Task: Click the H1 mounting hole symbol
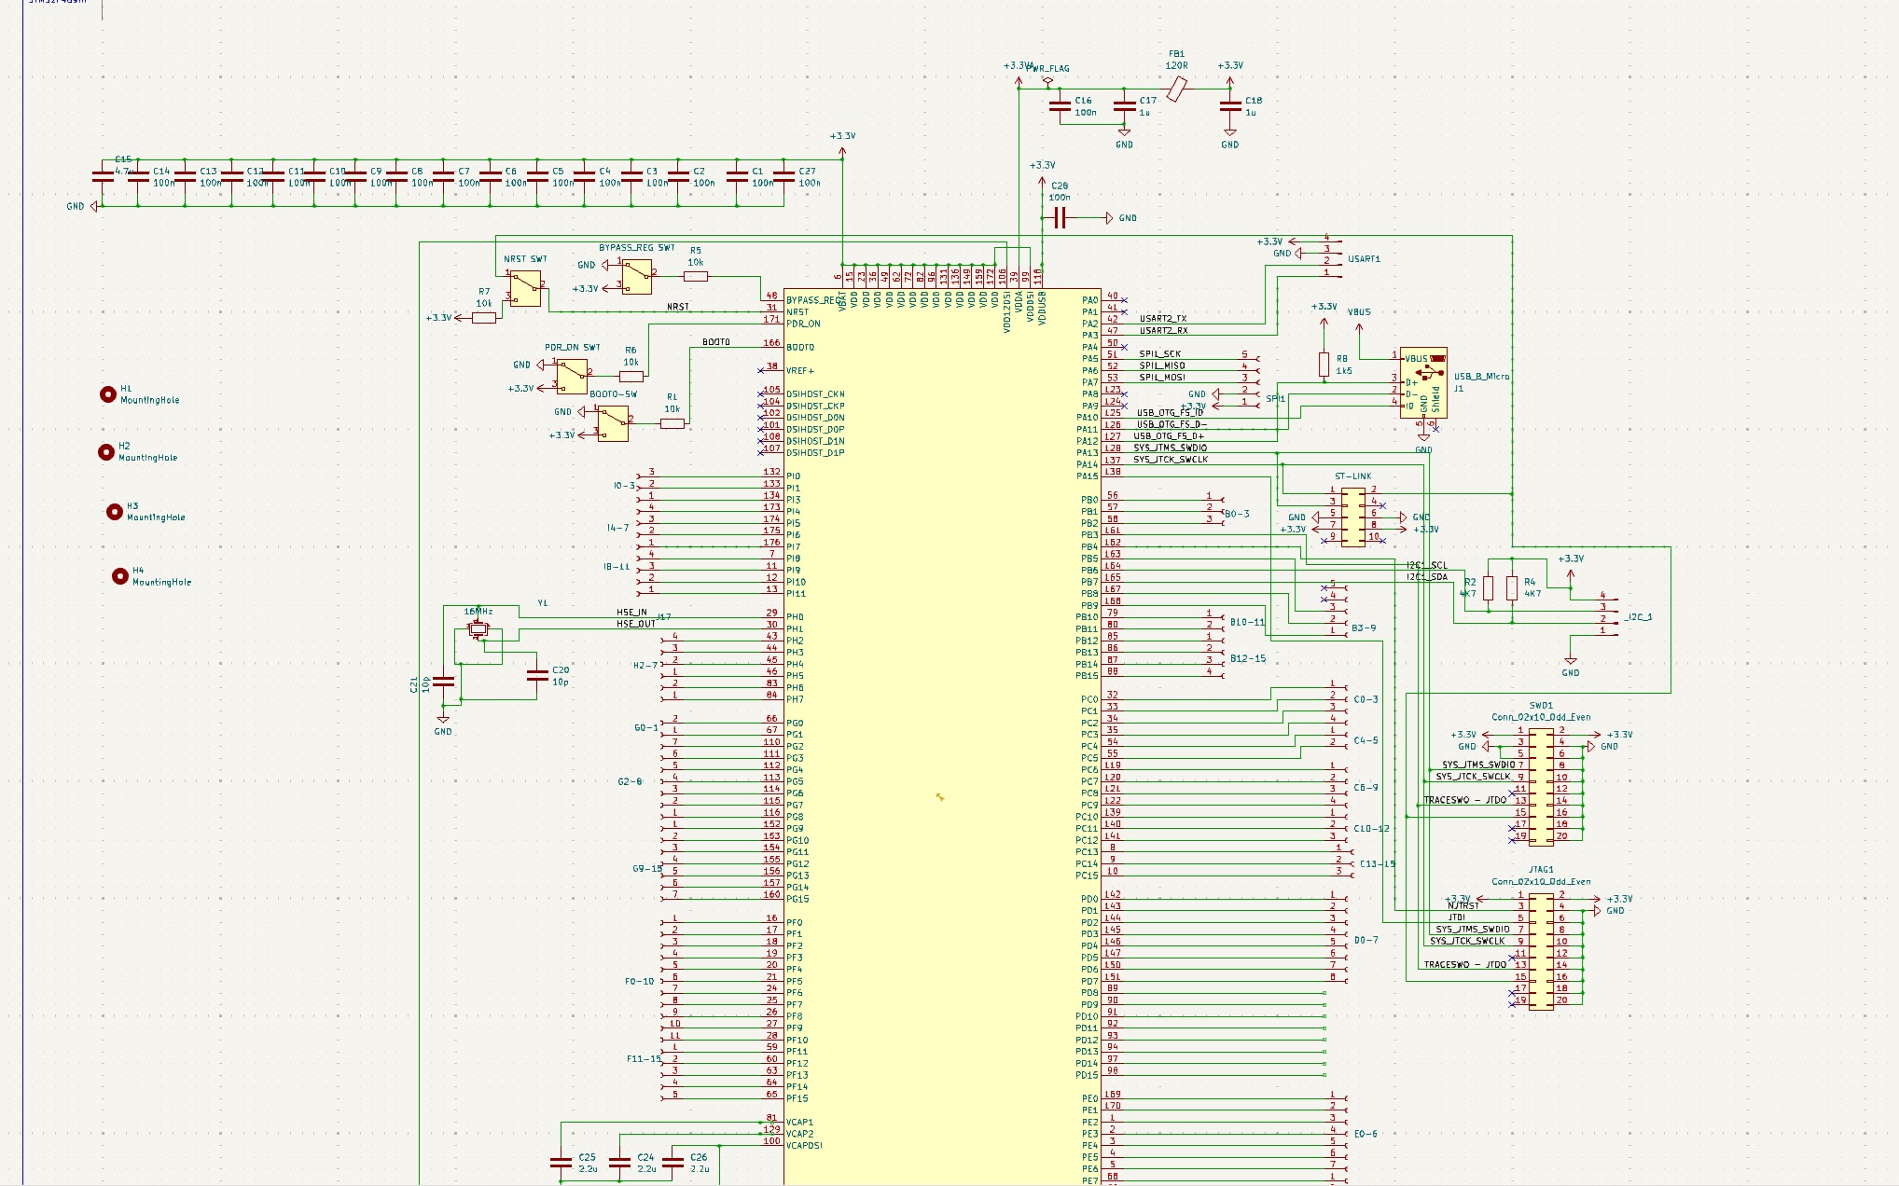click(108, 394)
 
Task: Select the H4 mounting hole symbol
click(119, 576)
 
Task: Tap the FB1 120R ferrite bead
click(1177, 90)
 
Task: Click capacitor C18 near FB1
click(1230, 106)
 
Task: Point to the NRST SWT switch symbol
click(525, 288)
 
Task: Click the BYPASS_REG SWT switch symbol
click(637, 277)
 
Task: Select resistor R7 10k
click(483, 318)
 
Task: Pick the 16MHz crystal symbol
click(478, 630)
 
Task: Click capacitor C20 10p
click(537, 676)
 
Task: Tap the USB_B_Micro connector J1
click(1423, 382)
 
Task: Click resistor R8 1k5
click(1324, 365)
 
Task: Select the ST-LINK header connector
click(1353, 516)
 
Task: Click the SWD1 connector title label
click(1541, 706)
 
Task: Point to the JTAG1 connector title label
click(1541, 870)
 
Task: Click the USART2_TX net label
click(1163, 319)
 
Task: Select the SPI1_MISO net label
click(1161, 365)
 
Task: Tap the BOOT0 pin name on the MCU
click(800, 348)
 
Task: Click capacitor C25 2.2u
click(561, 1163)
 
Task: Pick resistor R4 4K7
click(1511, 588)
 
